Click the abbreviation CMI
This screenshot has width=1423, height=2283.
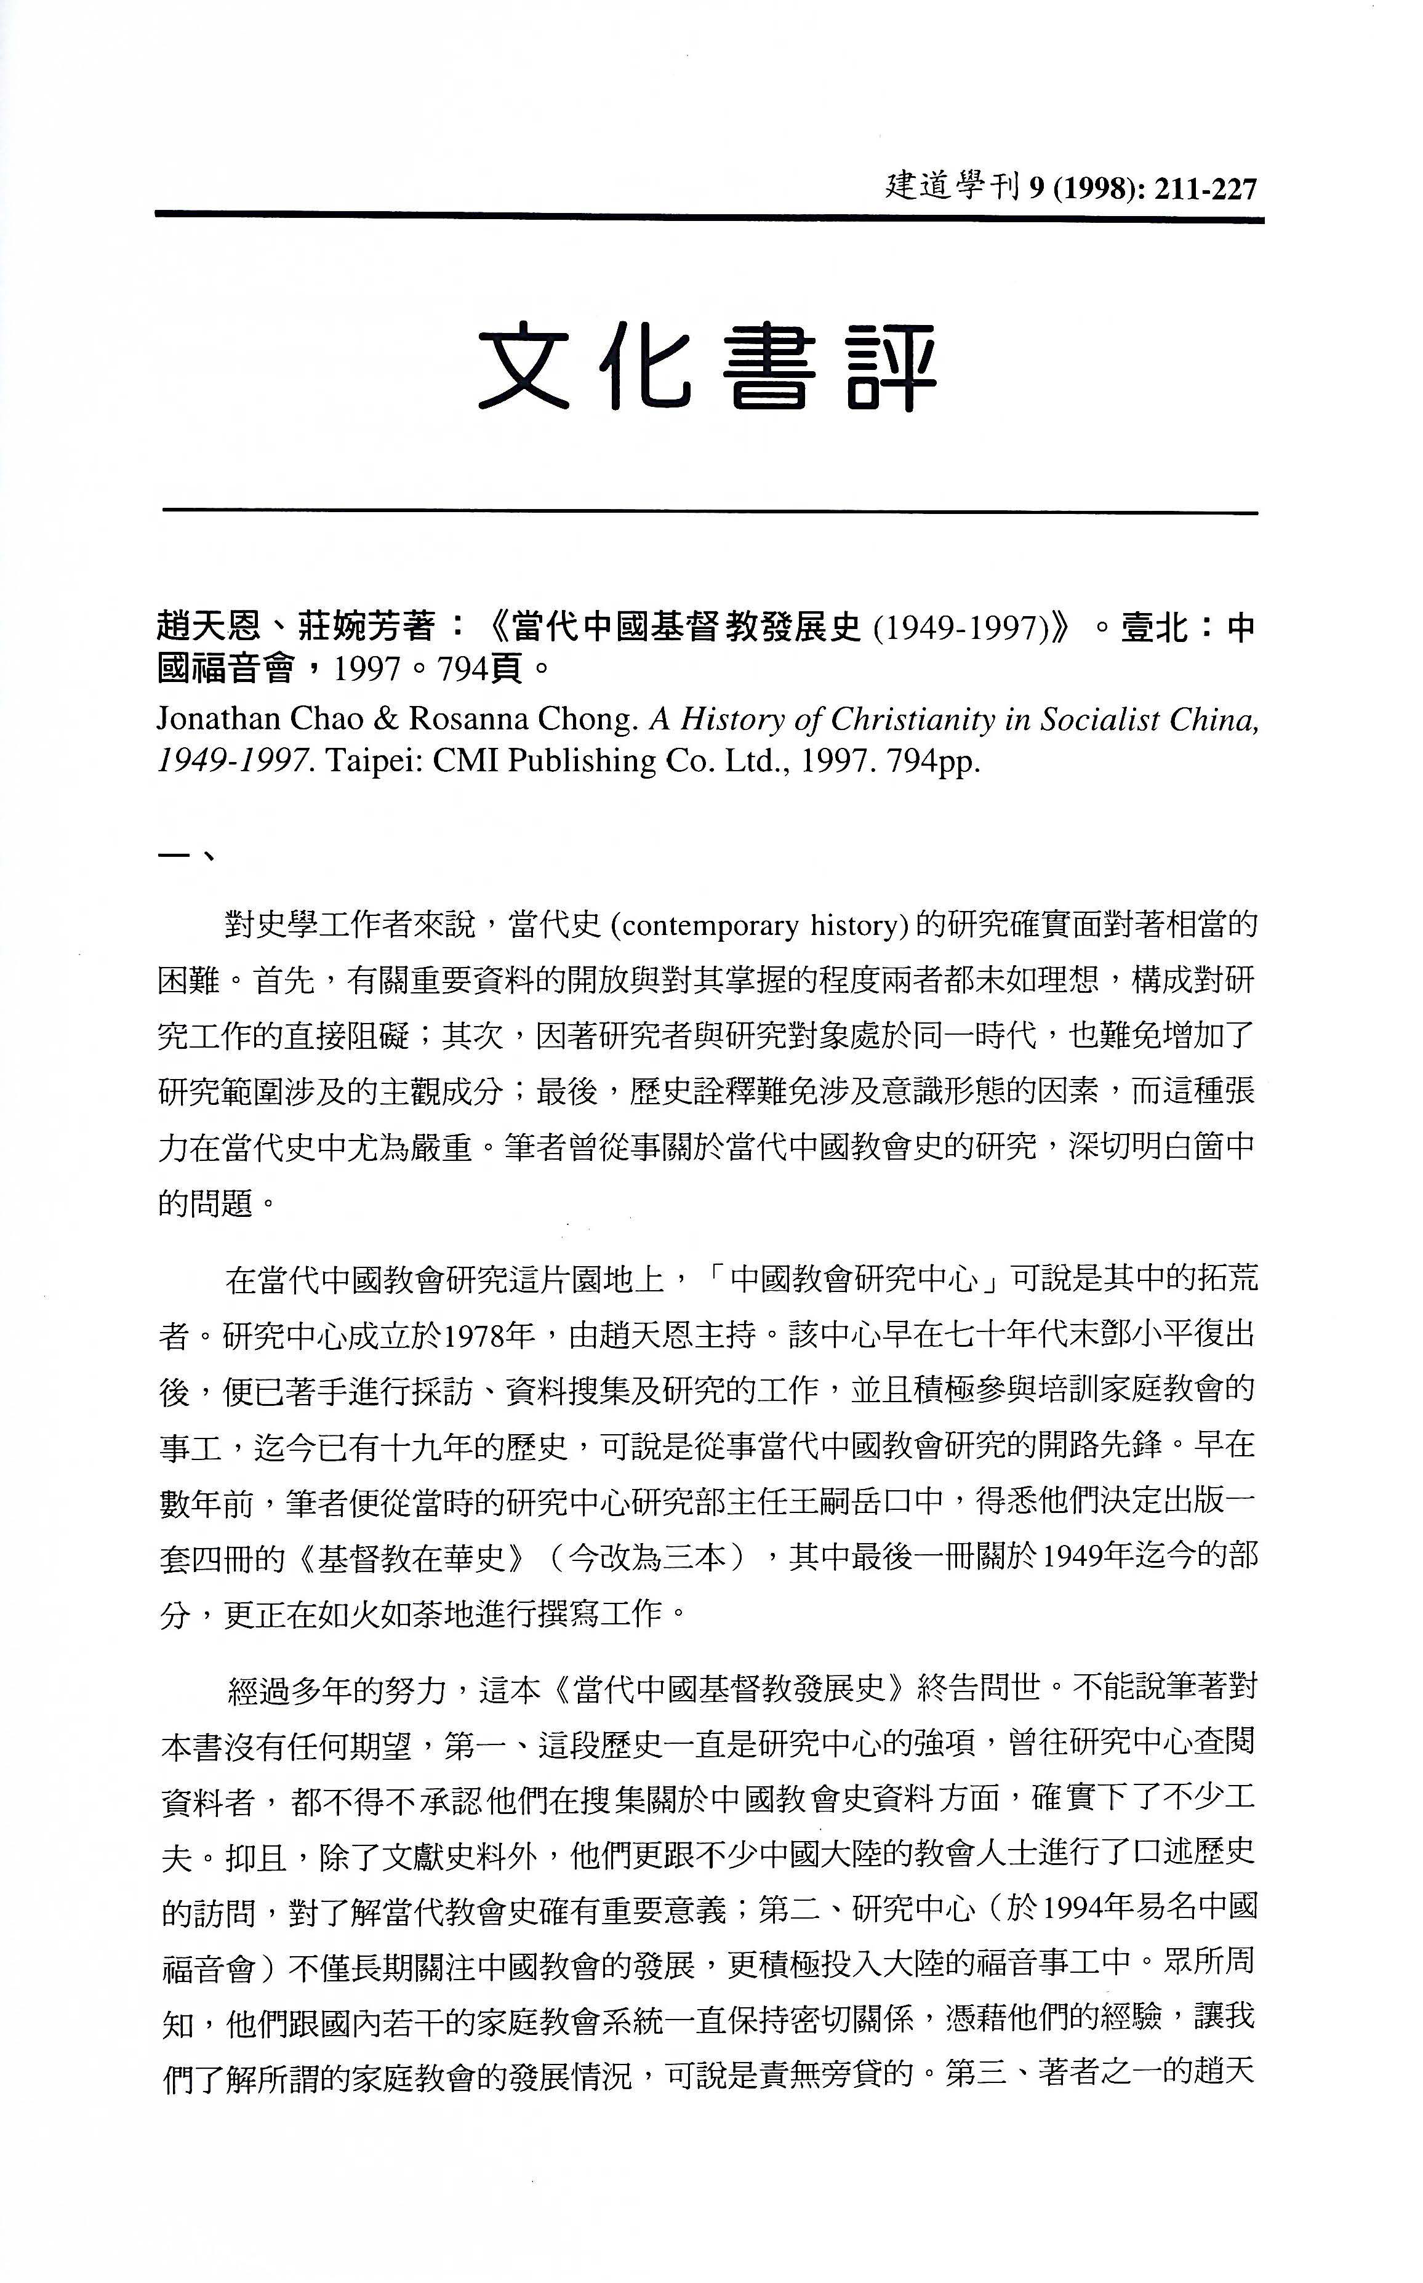[466, 760]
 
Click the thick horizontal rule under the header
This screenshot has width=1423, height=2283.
[710, 219]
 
